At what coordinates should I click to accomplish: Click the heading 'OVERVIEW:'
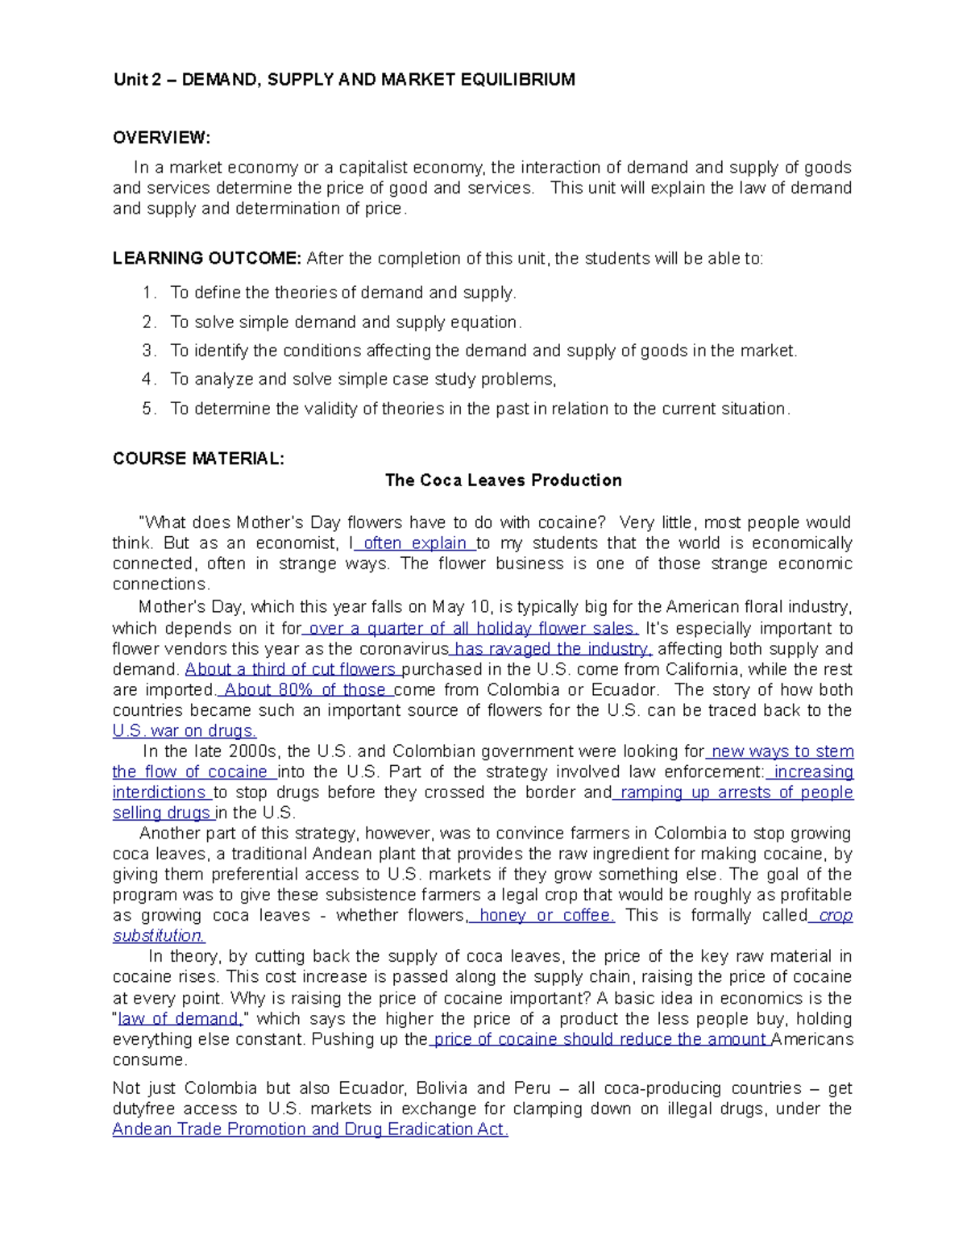(x=161, y=138)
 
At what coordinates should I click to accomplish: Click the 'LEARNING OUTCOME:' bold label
(x=207, y=259)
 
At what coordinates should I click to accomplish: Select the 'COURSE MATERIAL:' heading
(x=198, y=459)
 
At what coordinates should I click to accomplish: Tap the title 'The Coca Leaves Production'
(x=503, y=480)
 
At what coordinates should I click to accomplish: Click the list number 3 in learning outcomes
(x=148, y=351)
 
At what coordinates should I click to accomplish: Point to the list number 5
(x=148, y=409)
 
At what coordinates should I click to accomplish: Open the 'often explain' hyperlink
(x=416, y=543)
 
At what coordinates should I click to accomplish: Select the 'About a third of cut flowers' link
(x=291, y=670)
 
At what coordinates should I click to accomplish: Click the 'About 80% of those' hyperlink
(x=305, y=690)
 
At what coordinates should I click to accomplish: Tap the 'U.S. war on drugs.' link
(x=185, y=731)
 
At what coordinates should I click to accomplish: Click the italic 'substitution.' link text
(x=159, y=936)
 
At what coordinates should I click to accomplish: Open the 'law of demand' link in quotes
(x=179, y=1019)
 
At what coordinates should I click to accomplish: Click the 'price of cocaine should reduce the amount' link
(x=600, y=1039)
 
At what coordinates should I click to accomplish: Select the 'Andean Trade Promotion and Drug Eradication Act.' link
(x=310, y=1129)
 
